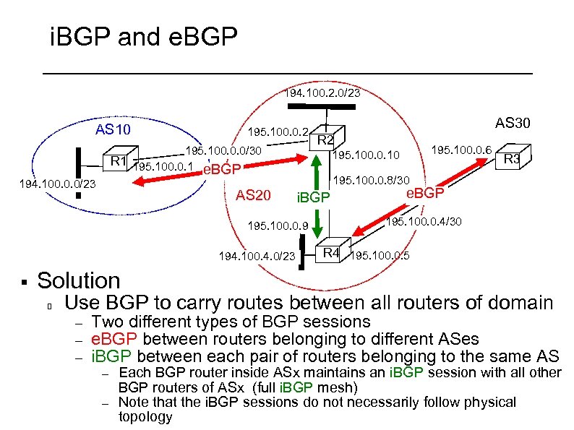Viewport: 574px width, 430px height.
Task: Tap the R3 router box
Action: [515, 157]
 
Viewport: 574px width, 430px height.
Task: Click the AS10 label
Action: [113, 130]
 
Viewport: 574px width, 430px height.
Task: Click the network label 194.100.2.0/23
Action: [322, 93]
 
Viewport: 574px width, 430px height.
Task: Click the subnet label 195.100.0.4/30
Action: [424, 222]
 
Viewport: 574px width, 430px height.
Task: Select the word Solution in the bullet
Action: [78, 280]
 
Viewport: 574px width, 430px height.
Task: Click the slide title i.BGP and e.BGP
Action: [143, 37]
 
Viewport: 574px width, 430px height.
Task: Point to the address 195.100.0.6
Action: [462, 150]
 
